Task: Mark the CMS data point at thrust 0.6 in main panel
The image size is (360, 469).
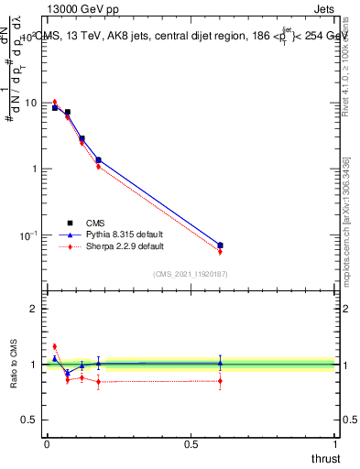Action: [220, 245]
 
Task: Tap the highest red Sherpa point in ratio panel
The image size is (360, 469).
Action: [54, 346]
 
